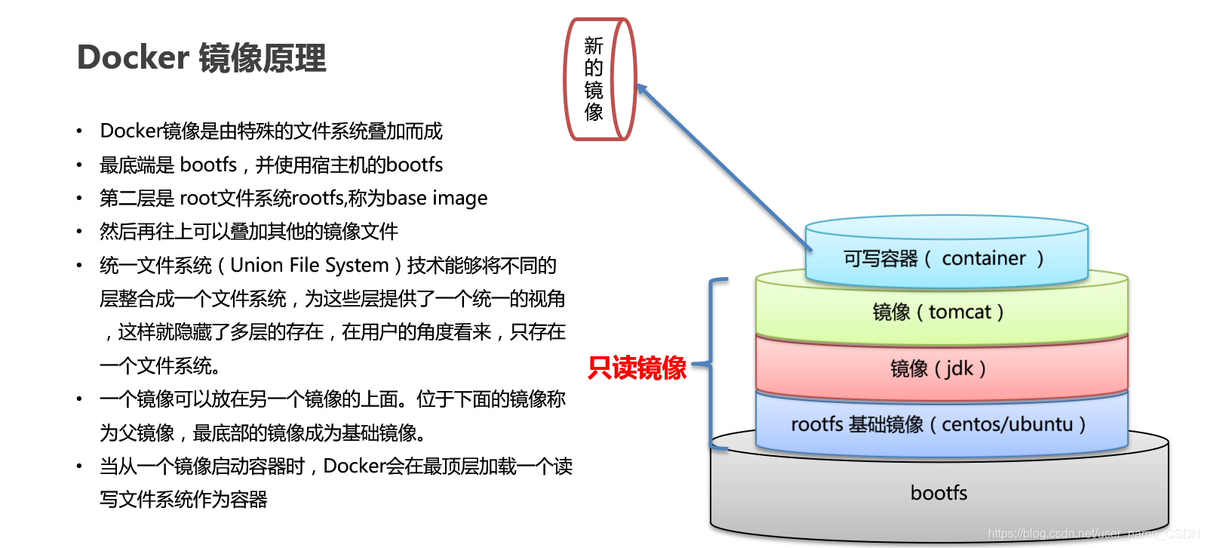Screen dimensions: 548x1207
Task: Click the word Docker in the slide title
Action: [x=133, y=58]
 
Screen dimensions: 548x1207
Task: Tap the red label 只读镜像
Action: [x=637, y=368]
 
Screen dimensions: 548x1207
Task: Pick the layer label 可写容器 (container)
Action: [x=943, y=259]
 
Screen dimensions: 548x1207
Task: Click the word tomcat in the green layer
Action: [x=960, y=312]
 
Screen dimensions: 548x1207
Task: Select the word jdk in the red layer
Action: [x=960, y=368]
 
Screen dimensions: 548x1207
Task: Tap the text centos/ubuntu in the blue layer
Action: [x=1006, y=424]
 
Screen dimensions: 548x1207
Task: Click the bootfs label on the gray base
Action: [x=938, y=493]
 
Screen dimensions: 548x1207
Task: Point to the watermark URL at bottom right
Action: [x=1093, y=534]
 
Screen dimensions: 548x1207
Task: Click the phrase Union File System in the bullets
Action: [x=309, y=265]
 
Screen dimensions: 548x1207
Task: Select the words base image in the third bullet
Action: [x=437, y=198]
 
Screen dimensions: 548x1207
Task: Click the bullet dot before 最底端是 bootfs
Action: [x=79, y=165]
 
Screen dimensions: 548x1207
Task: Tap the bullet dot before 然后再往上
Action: [x=79, y=232]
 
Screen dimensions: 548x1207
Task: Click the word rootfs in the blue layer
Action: [x=816, y=424]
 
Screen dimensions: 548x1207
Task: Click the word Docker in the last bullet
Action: [x=355, y=466]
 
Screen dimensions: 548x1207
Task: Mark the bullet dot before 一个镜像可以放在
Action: [x=79, y=399]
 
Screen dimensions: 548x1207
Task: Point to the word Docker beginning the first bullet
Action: [x=131, y=131]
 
